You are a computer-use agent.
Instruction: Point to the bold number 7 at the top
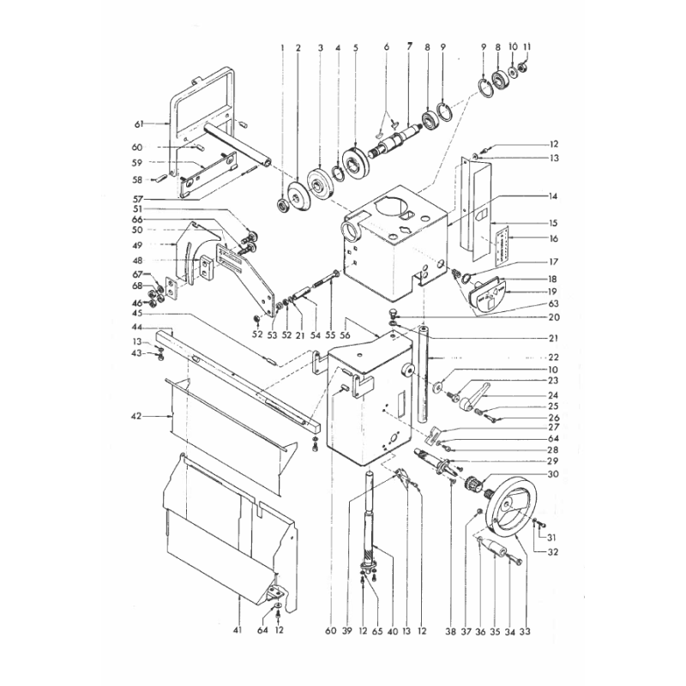[410, 45]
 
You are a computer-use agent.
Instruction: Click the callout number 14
[554, 196]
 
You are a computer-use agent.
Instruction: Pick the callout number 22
[554, 356]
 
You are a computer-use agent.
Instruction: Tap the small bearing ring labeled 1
[282, 205]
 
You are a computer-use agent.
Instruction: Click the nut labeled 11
[525, 69]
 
